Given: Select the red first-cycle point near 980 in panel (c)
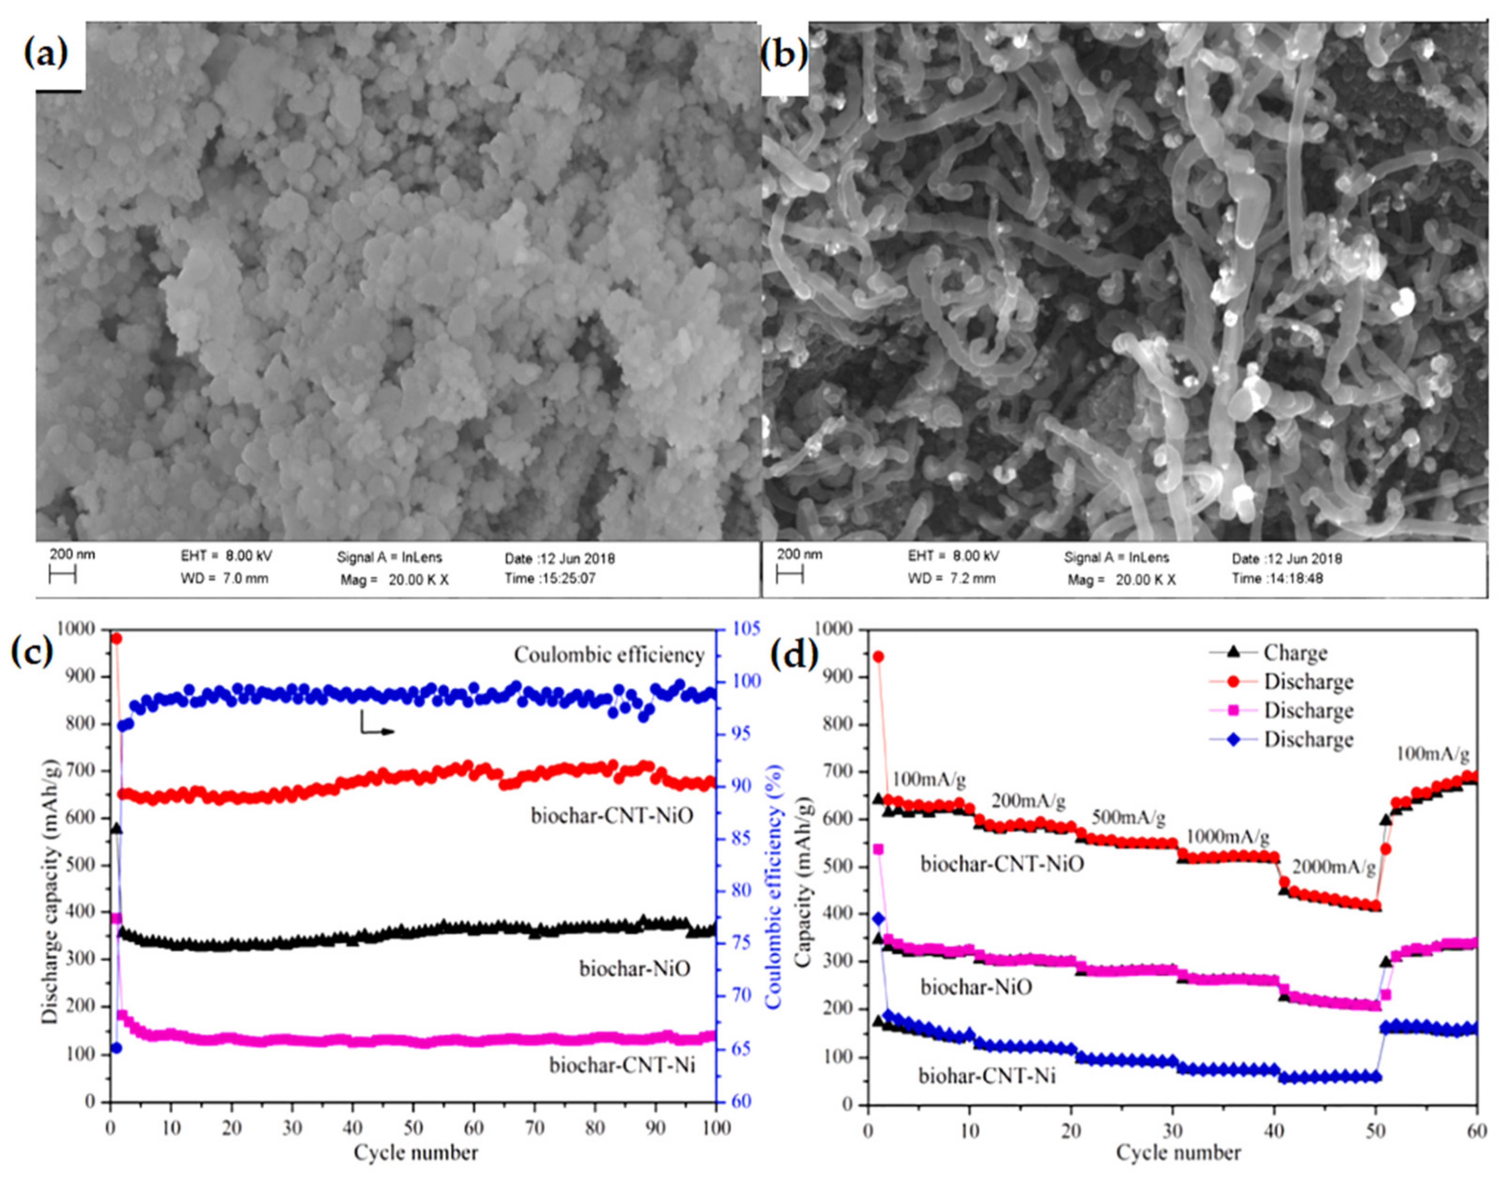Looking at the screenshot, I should tap(116, 638).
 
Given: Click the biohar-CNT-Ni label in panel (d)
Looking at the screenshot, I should tap(987, 1076).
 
